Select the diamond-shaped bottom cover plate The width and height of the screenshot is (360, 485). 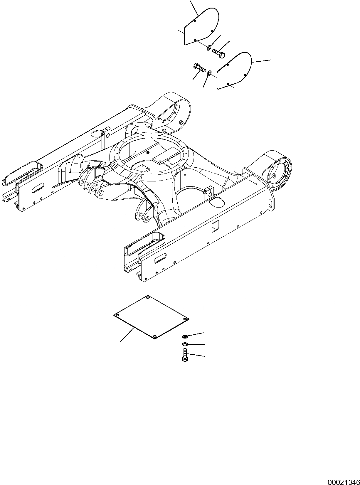[151, 317]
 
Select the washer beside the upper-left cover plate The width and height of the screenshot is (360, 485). [209, 48]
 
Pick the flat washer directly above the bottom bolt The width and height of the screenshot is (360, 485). [185, 344]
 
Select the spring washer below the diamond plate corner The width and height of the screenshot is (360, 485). [185, 336]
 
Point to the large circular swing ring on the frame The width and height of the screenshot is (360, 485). [153, 151]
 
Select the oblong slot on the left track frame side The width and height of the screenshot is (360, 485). [38, 188]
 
